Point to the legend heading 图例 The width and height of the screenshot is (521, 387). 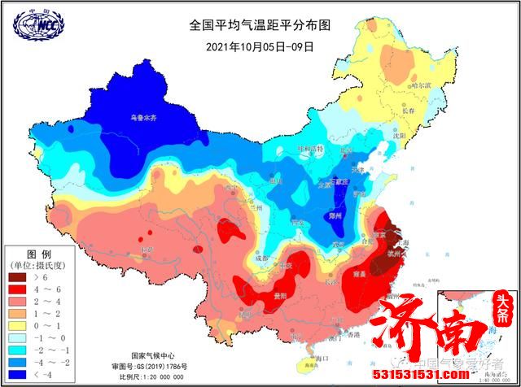[39, 253]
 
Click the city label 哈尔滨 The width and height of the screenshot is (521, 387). [421, 85]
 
